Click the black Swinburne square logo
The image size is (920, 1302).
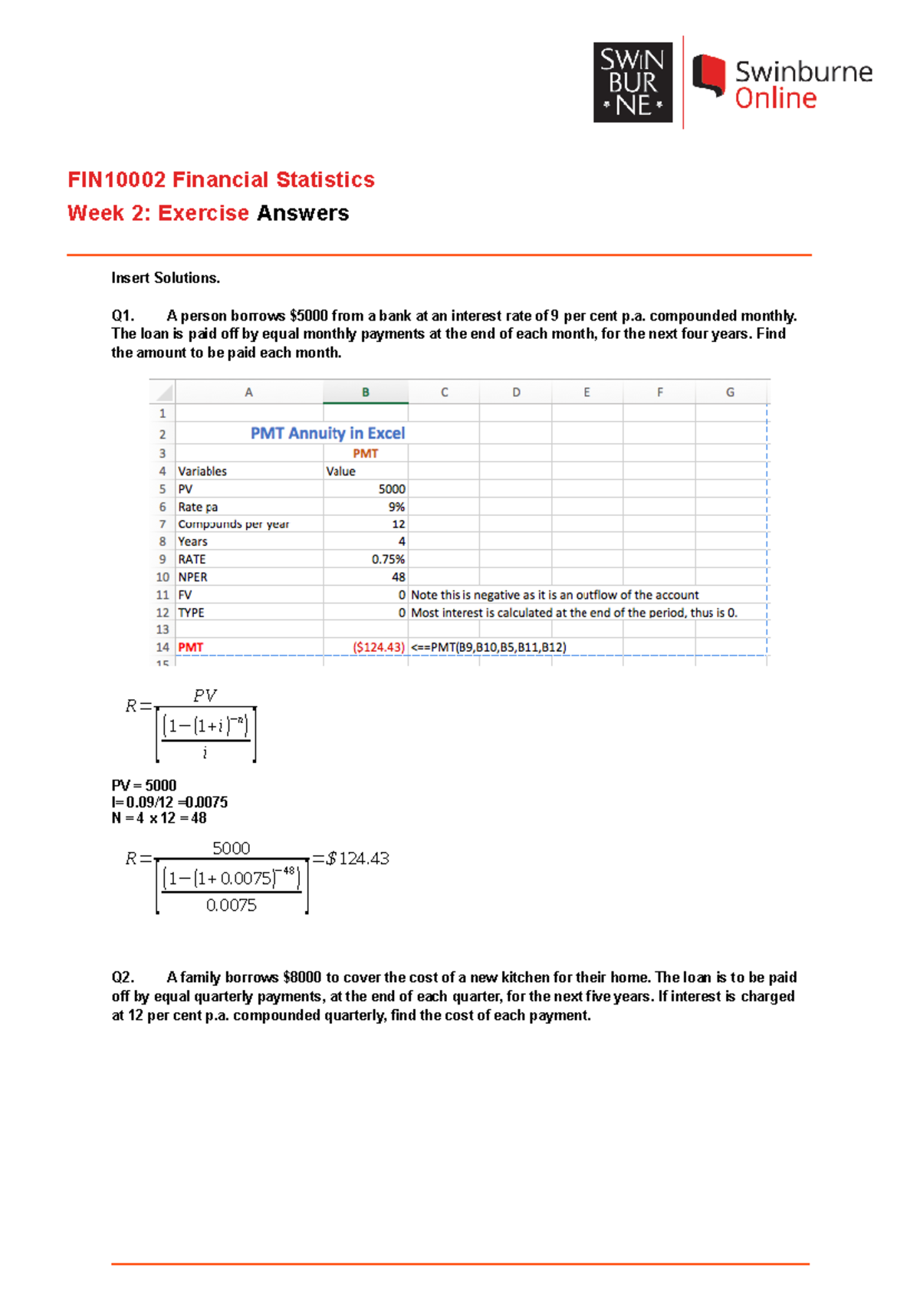[x=632, y=83]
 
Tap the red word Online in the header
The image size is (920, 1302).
[x=775, y=99]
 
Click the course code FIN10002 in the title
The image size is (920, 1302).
[x=117, y=180]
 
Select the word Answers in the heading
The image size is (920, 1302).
[x=303, y=213]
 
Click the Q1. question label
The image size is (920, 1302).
[x=123, y=316]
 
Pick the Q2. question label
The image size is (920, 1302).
[x=123, y=978]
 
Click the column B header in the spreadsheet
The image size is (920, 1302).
[x=366, y=392]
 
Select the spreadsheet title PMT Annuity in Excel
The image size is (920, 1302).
[x=327, y=433]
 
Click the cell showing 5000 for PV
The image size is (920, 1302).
[x=391, y=489]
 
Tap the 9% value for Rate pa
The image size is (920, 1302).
[x=396, y=507]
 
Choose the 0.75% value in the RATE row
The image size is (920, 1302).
[x=388, y=560]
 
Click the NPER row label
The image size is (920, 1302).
[x=192, y=577]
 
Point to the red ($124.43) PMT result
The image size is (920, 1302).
[x=378, y=647]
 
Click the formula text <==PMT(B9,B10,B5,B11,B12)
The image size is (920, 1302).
[x=488, y=647]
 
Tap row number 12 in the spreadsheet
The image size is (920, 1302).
[x=163, y=613]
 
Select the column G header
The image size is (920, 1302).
[x=730, y=392]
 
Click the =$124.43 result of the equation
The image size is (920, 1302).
[x=351, y=859]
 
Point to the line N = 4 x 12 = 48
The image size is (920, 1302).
[x=159, y=818]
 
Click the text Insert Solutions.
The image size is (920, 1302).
[x=166, y=278]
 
